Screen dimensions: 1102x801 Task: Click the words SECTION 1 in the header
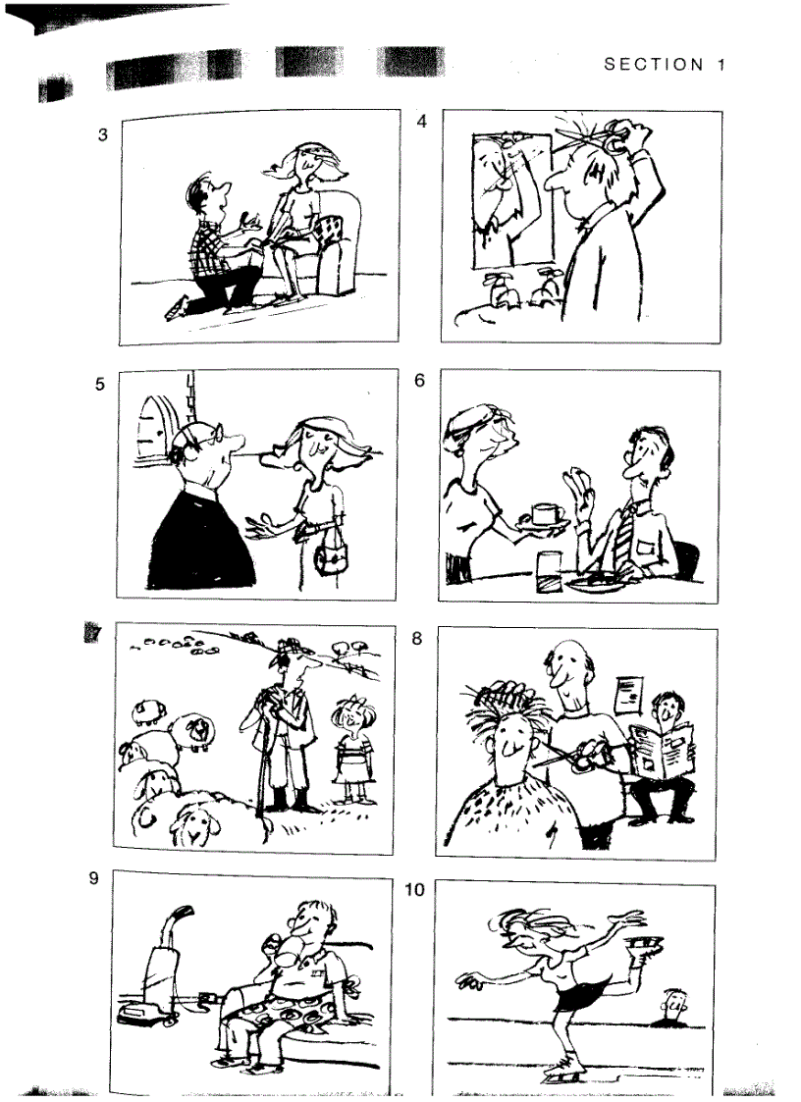(x=665, y=65)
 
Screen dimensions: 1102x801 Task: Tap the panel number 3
(x=103, y=135)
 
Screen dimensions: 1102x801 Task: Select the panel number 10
(x=415, y=889)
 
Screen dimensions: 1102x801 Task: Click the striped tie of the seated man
(x=620, y=537)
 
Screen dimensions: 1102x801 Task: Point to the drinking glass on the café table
(x=547, y=566)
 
